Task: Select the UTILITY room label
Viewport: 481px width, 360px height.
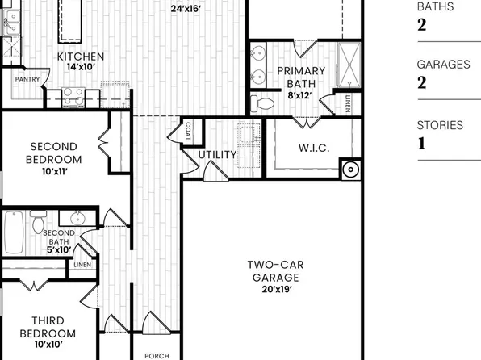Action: point(218,154)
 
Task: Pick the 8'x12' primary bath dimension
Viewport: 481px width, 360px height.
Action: point(301,94)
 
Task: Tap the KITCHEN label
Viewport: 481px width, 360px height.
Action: point(80,57)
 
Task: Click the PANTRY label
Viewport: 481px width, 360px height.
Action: point(27,79)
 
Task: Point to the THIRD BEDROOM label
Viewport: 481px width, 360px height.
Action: point(53,327)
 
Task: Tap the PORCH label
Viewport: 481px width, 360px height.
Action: point(157,355)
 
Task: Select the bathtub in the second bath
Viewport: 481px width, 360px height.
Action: point(13,234)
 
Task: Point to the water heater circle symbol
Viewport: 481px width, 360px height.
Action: point(350,170)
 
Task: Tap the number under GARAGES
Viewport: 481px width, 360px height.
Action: point(421,82)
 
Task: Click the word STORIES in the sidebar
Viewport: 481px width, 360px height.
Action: point(440,125)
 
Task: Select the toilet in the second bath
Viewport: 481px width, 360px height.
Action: point(37,220)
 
